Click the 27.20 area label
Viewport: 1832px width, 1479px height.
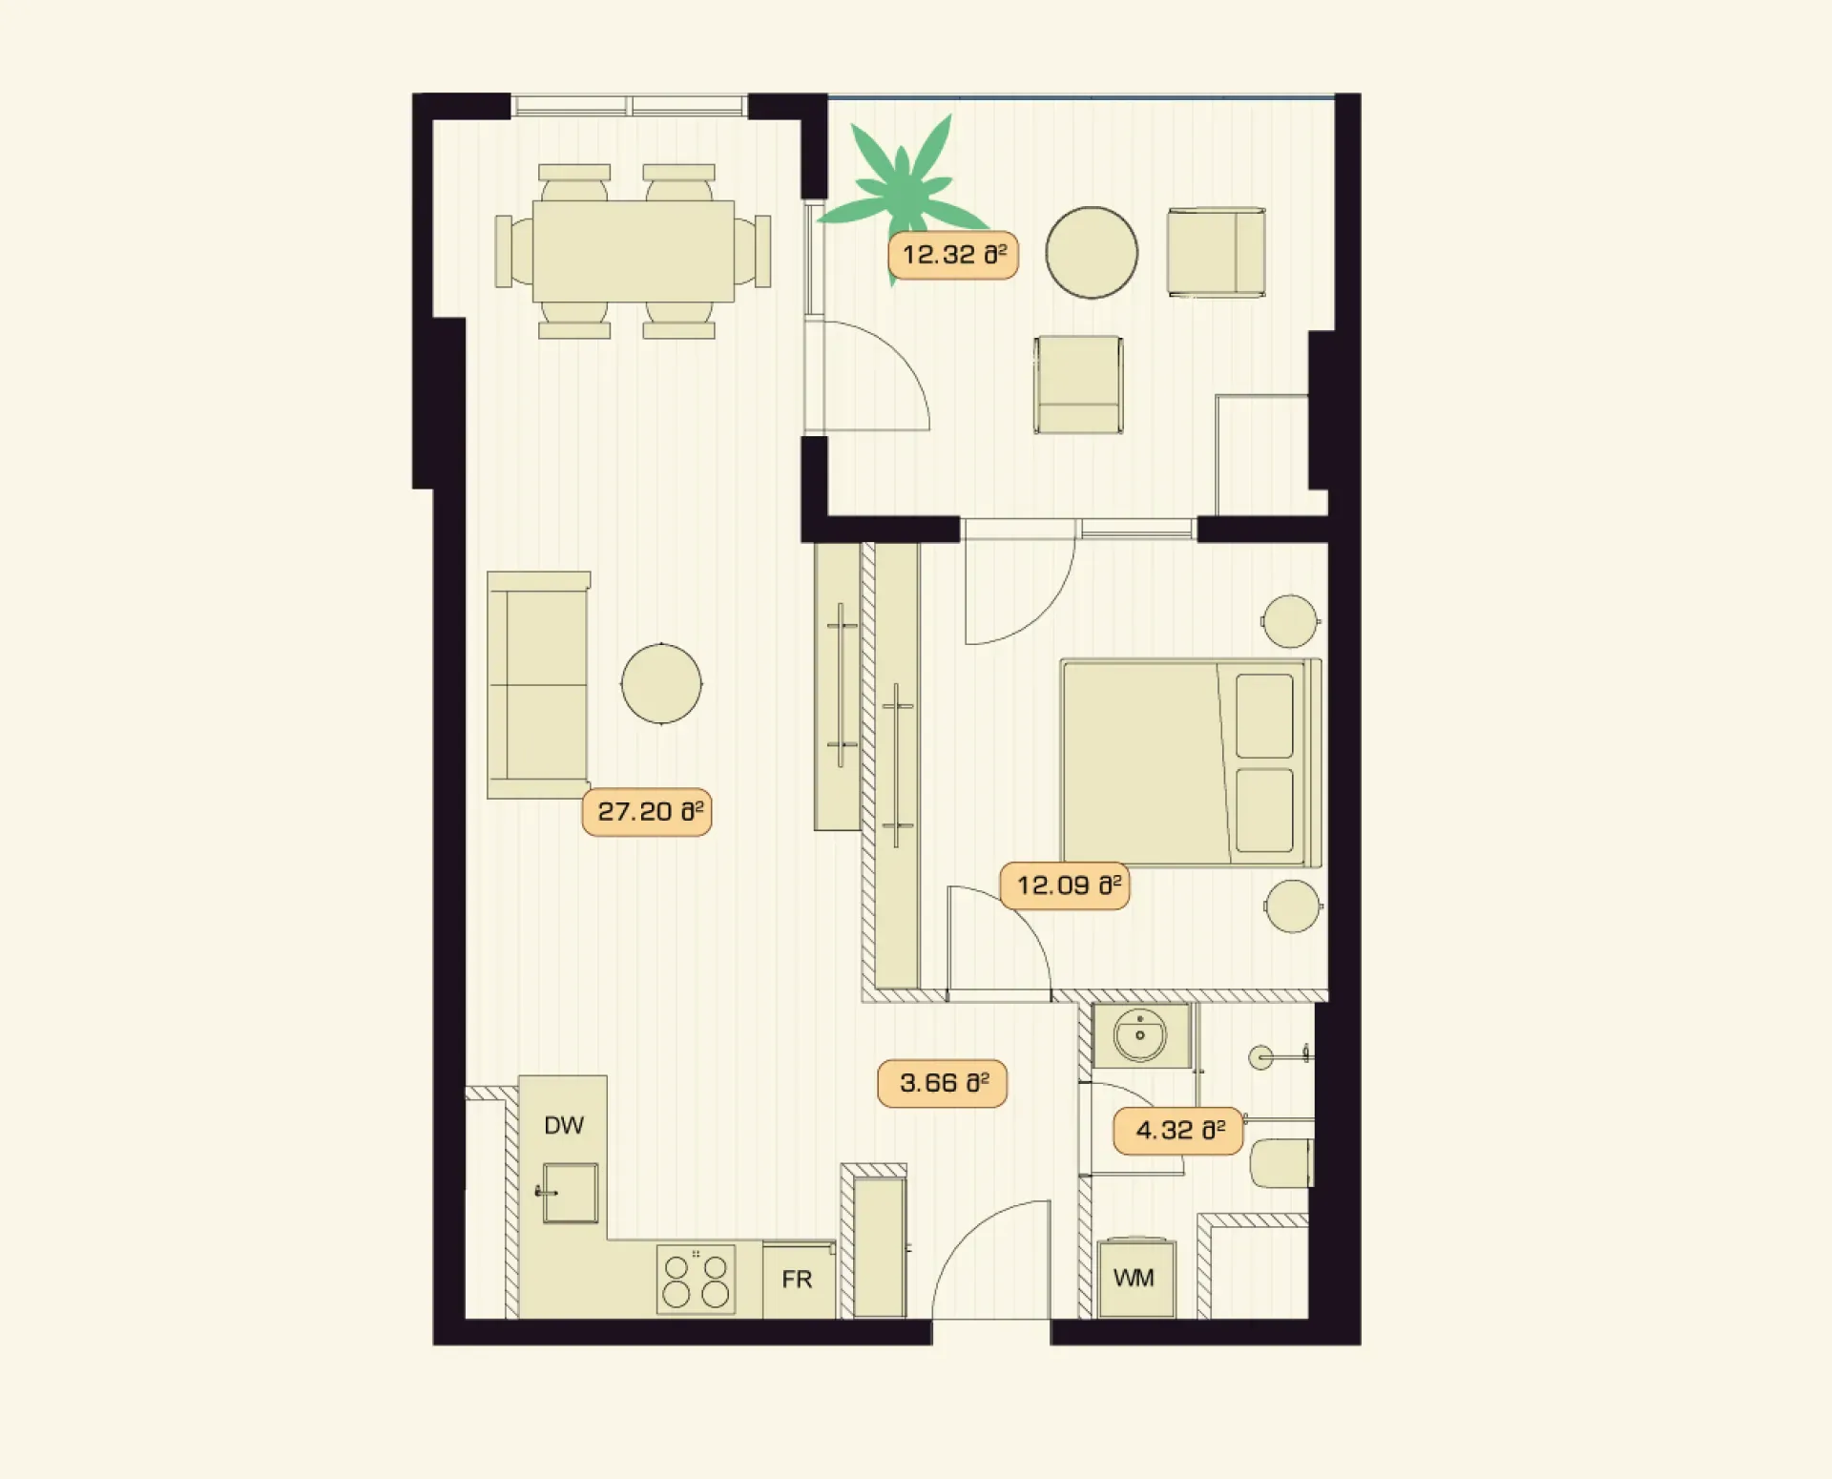pos(647,813)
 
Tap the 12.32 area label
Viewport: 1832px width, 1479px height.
pos(953,256)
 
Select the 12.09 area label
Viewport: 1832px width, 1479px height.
pos(1065,885)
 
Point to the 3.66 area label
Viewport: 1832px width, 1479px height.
pos(942,1083)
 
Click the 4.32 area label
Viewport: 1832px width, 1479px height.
pos(1178,1131)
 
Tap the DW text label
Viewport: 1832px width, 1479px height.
pos(564,1126)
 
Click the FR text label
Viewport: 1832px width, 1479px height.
pos(797,1280)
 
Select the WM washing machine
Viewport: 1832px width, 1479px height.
pos(1136,1279)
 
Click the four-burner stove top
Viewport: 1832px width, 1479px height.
pos(697,1280)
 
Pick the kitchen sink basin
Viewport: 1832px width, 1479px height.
pos(571,1193)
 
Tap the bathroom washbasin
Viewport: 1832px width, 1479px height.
pos(1140,1035)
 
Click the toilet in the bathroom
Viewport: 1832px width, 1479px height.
pos(1281,1163)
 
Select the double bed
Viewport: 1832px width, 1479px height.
pos(1192,763)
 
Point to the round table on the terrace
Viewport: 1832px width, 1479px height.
pos(1092,253)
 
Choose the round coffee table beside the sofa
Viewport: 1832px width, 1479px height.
pos(661,683)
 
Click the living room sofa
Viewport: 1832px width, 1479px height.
pos(538,685)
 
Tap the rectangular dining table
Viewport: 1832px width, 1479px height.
pos(634,251)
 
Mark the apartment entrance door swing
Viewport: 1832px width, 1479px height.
pos(990,1260)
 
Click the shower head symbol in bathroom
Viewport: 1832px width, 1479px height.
pos(1260,1056)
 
